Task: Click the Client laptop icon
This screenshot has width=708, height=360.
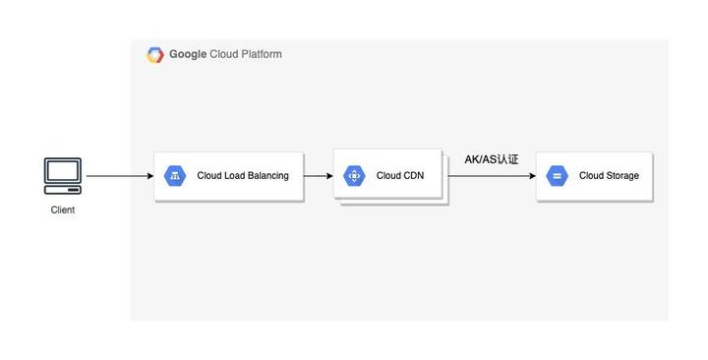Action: coord(63,175)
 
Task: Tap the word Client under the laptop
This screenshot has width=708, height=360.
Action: coord(63,210)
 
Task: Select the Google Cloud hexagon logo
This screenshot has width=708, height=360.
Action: coord(155,55)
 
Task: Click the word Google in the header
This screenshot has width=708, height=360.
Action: coord(188,55)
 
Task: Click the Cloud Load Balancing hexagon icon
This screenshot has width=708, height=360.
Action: coord(176,176)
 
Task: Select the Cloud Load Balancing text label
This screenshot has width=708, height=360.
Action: coord(243,176)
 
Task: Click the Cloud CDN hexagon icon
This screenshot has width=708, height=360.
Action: coord(354,176)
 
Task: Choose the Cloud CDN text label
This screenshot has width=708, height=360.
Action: coord(400,176)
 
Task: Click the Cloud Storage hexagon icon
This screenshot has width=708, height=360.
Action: coord(557,176)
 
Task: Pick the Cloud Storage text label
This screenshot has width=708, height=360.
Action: coord(609,176)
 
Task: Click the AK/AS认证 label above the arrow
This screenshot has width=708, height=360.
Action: coord(491,159)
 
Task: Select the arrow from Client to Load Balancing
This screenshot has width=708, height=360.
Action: coord(118,176)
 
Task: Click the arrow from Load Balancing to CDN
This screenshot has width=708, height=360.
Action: coord(318,176)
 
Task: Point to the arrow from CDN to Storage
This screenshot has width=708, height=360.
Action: coord(492,176)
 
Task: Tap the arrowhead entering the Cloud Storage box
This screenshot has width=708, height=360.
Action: coord(531,176)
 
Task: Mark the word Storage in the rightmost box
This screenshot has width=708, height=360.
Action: coord(622,176)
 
